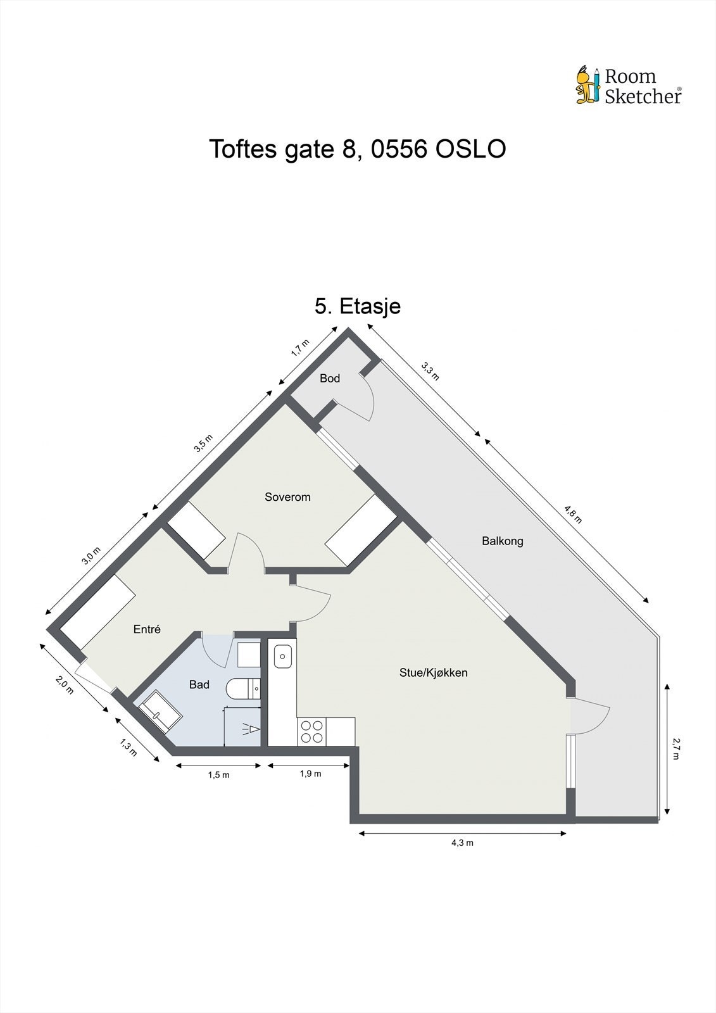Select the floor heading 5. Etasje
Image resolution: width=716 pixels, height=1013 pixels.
358,306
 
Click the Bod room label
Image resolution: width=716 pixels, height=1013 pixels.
330,379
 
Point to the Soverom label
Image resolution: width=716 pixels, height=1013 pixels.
287,497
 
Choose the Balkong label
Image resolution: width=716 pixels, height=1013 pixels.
503,541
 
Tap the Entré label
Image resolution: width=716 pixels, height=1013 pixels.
147,629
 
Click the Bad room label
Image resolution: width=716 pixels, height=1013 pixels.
199,684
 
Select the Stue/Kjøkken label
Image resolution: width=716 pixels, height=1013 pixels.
433,672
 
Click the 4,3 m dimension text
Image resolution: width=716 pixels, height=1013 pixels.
462,843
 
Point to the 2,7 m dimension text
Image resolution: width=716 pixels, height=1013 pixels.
676,749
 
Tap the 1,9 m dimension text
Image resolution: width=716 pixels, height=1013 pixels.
310,774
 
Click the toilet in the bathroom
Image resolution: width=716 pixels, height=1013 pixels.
244,688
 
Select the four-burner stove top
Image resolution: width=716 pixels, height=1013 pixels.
311,731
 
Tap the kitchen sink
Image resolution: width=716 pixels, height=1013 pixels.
282,656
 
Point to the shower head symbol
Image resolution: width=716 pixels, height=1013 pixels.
251,729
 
